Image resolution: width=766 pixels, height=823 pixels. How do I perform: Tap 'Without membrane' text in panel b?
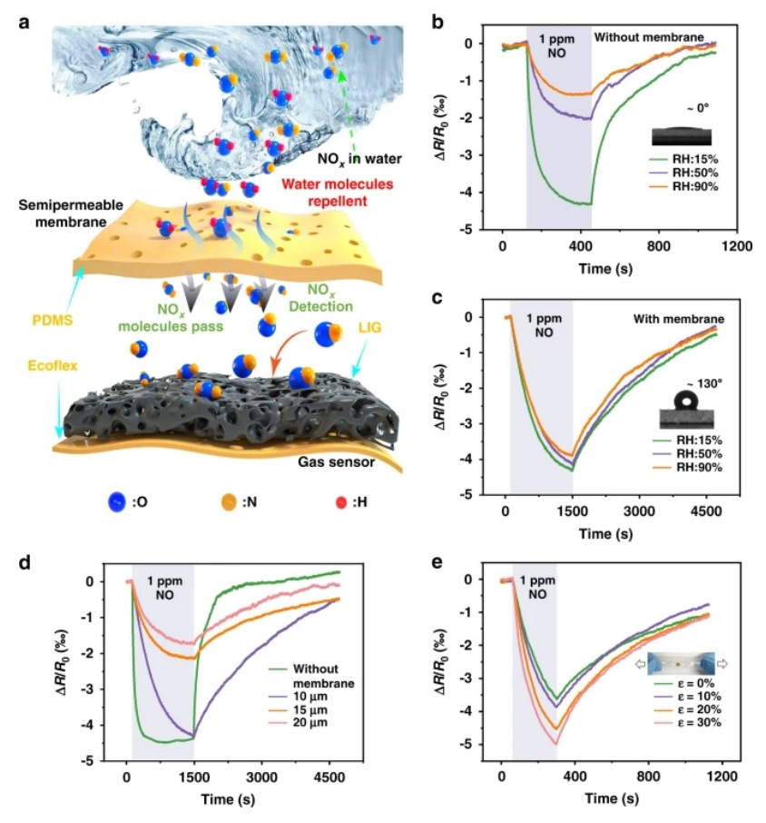click(649, 37)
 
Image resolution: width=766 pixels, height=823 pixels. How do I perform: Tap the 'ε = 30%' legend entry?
click(694, 723)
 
